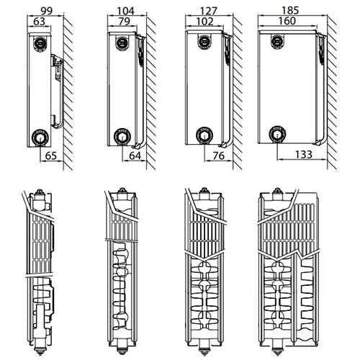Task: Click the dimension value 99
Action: (46, 11)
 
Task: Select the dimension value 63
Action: (39, 21)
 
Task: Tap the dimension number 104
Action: (125, 11)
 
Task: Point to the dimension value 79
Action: (125, 21)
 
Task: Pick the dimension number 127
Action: (208, 11)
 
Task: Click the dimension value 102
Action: (204, 21)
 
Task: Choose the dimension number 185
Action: (290, 10)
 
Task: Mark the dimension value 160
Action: (287, 21)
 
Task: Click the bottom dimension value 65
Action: (51, 156)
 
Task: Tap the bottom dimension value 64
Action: (135, 156)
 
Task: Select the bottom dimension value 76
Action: (218, 156)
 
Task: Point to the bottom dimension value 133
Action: (303, 154)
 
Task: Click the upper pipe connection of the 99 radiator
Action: (40, 43)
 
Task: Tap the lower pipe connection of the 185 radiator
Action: (277, 134)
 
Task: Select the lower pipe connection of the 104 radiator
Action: (122, 136)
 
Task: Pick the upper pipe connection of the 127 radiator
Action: (204, 41)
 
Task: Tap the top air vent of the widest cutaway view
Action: (277, 192)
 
